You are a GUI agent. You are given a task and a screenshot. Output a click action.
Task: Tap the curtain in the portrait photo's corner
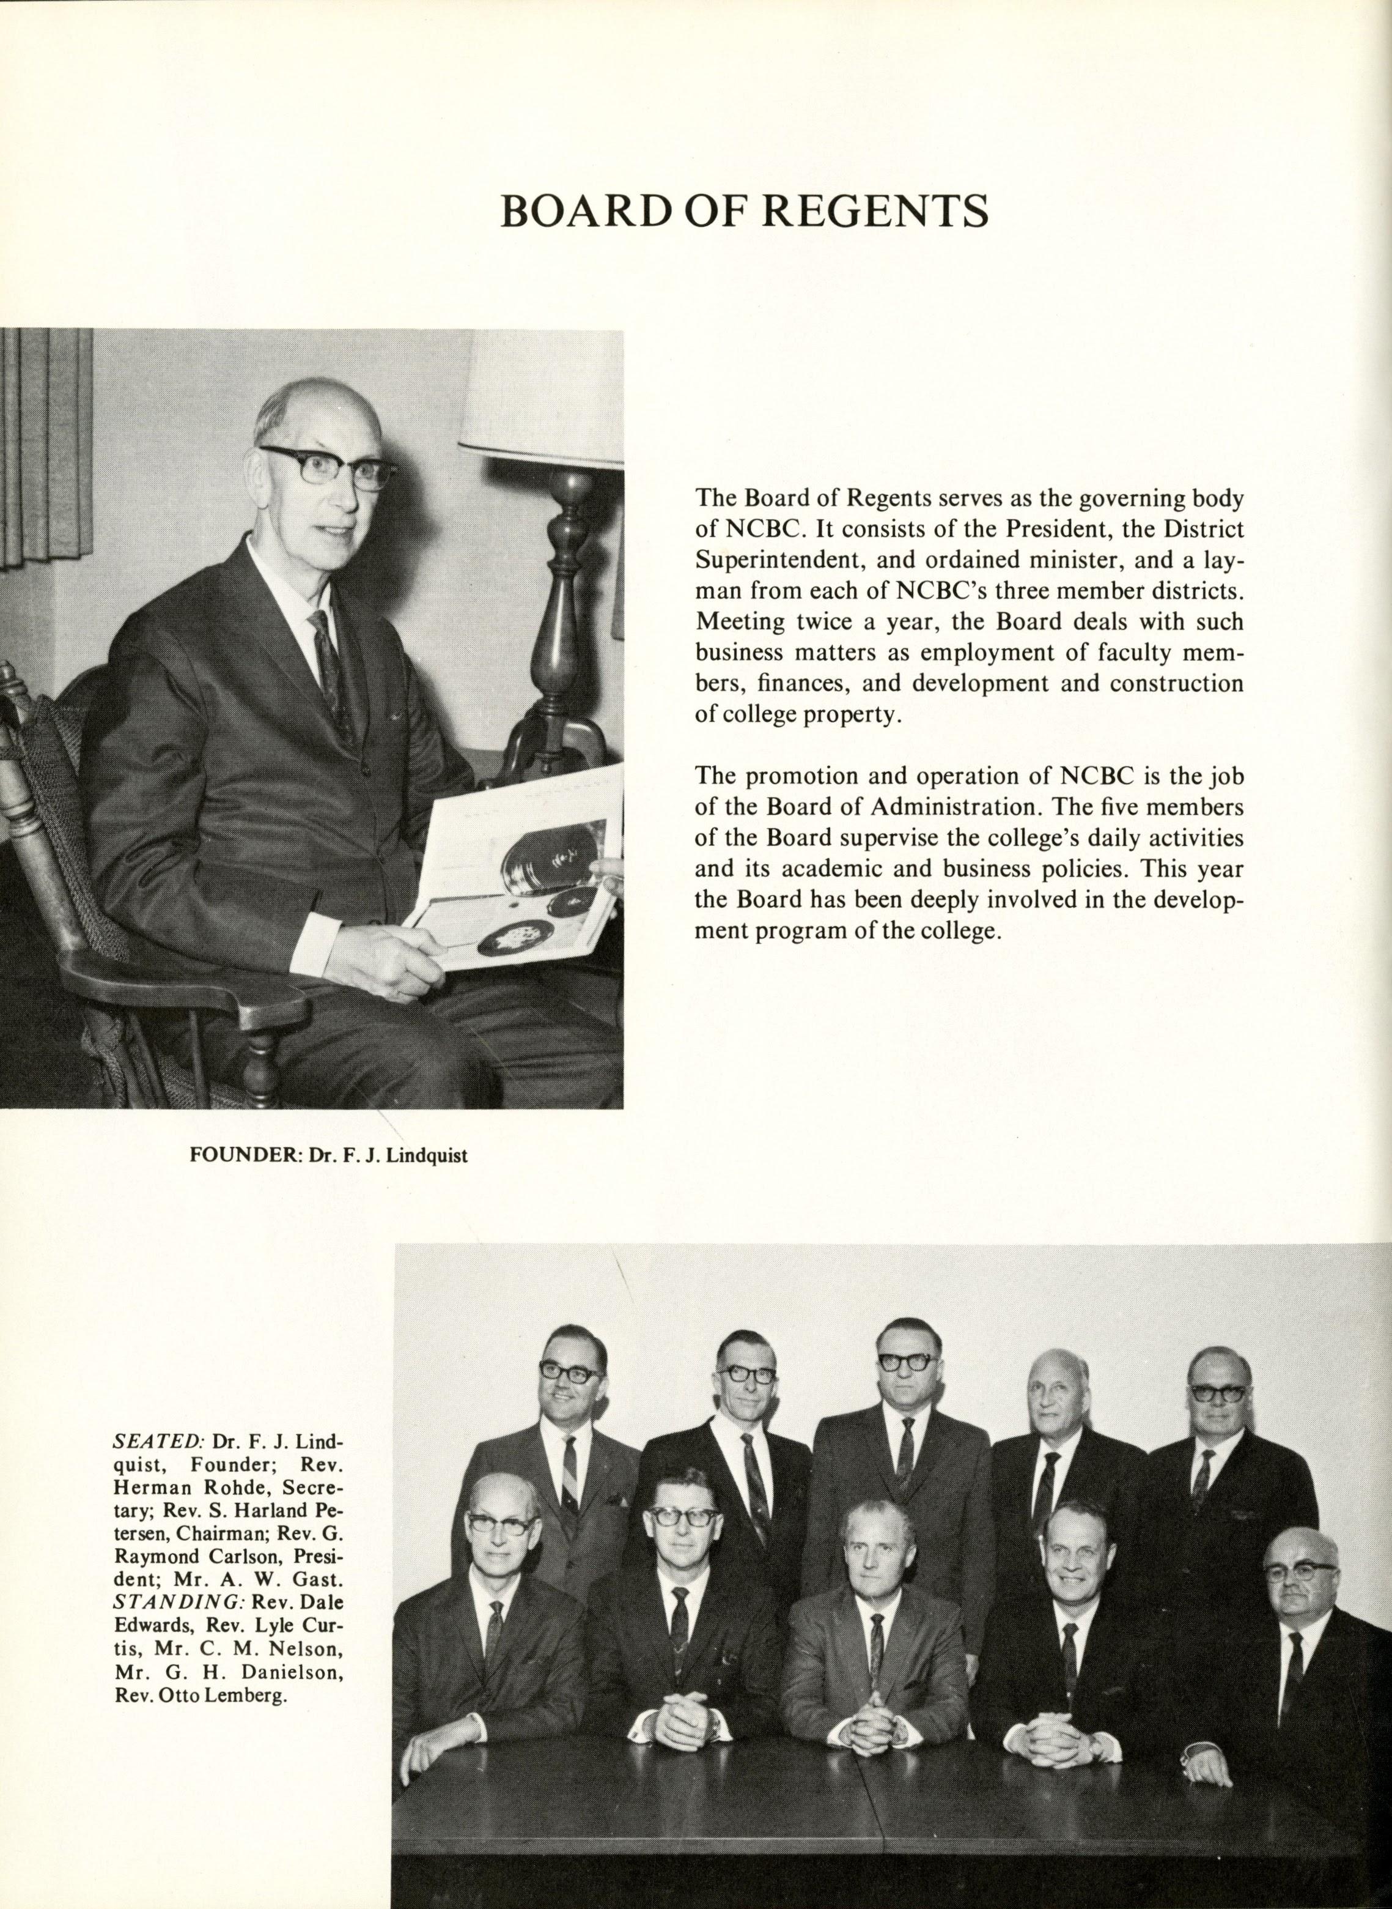[x=46, y=447]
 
